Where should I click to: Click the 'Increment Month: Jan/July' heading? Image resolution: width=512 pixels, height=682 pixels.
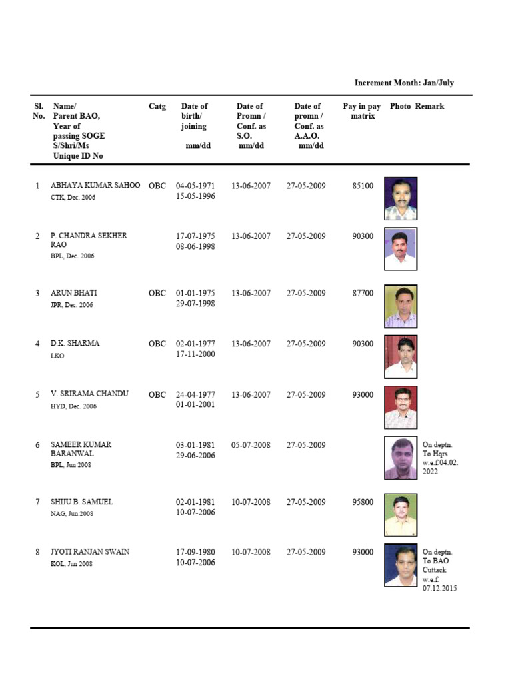404,83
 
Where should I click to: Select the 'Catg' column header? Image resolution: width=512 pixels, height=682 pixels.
157,106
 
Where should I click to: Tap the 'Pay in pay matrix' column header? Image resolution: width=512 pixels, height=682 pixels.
362,111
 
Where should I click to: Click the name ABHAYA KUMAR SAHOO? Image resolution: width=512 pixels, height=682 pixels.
95,186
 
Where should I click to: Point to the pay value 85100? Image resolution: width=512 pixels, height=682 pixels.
363,186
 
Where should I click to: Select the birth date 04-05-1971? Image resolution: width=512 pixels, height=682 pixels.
195,186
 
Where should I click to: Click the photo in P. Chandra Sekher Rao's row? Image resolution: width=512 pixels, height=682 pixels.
401,249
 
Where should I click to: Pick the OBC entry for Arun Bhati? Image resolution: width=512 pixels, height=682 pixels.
157,294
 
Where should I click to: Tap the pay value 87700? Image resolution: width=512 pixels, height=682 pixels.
363,294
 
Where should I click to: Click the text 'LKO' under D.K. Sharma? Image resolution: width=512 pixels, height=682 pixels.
58,356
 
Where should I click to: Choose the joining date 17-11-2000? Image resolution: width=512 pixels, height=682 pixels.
195,354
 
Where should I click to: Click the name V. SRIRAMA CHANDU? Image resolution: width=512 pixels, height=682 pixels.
89,394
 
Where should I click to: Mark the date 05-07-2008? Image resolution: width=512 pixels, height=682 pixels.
251,445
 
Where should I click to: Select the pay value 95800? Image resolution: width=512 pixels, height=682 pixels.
363,502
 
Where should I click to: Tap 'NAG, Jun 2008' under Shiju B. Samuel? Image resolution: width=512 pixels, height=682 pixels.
72,514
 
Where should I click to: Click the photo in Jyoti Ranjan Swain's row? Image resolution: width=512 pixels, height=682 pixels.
401,566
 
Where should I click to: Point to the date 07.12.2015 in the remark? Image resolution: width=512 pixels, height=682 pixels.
440,589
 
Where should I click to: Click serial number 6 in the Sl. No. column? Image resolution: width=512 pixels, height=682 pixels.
38,445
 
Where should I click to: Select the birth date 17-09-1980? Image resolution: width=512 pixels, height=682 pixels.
195,552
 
